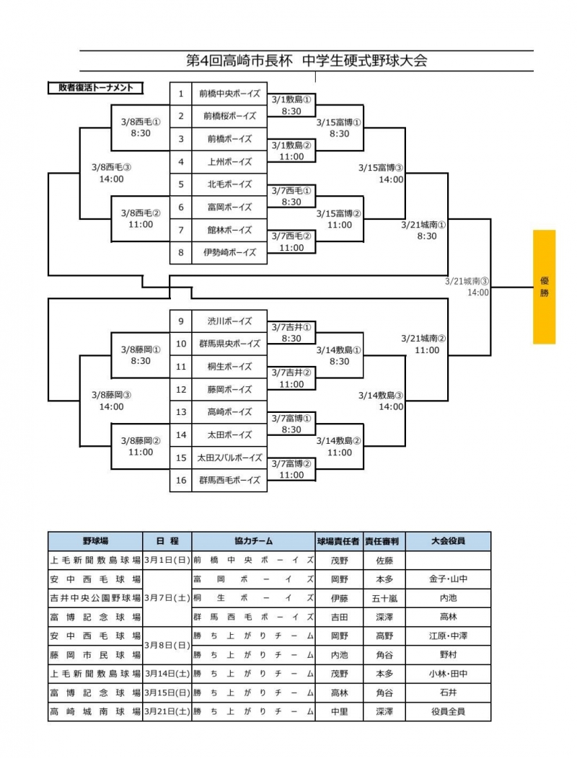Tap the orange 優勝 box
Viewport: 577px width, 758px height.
click(x=544, y=287)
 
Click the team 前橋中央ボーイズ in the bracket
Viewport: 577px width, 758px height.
click(x=229, y=93)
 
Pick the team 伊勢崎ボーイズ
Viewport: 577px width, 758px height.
click(x=229, y=253)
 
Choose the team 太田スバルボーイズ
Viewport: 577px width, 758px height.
click(x=229, y=458)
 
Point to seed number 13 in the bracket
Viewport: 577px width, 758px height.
click(x=181, y=412)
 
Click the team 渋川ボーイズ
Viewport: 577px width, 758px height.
click(x=229, y=321)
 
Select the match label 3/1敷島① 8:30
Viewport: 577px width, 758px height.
click(x=291, y=106)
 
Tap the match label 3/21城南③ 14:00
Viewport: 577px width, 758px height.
click(x=468, y=287)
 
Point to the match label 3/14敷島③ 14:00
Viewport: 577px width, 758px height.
click(x=381, y=401)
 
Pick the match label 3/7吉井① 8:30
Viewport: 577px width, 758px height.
click(x=291, y=332)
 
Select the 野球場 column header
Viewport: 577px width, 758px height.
click(x=95, y=541)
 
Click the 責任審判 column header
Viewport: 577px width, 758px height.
click(x=382, y=541)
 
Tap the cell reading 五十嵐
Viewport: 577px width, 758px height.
click(x=382, y=598)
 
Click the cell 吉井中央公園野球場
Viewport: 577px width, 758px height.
click(x=95, y=598)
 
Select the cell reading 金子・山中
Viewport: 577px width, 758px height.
click(x=448, y=579)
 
